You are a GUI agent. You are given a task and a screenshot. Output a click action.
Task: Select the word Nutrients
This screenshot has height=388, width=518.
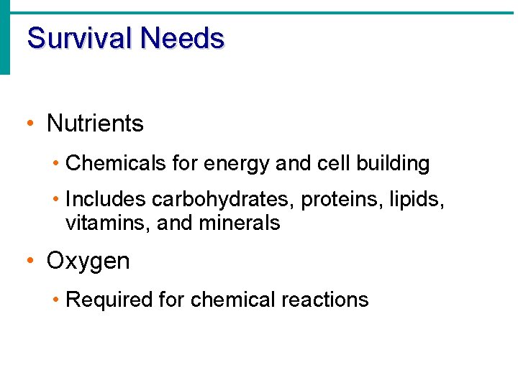(95, 124)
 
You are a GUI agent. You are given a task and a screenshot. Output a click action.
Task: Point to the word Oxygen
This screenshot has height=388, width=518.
(88, 262)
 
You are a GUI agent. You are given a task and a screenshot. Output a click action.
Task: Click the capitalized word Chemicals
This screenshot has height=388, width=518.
(117, 164)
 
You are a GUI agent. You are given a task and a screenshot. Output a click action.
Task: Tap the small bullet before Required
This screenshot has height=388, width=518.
(56, 300)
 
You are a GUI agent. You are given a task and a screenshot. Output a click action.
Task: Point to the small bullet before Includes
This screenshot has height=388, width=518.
(56, 199)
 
